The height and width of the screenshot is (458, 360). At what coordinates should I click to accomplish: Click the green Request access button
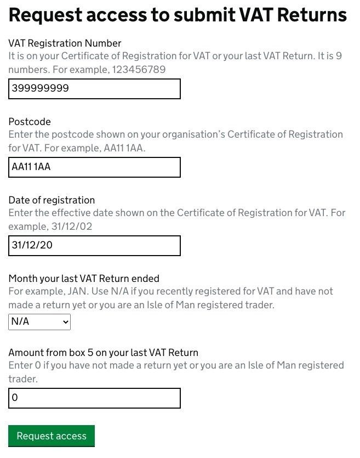[x=52, y=436]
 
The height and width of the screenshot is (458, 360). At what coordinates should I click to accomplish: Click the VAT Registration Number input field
[x=94, y=89]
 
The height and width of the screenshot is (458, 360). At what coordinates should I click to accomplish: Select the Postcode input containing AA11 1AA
[x=94, y=167]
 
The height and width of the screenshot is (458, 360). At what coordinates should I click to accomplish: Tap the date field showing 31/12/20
[x=94, y=246]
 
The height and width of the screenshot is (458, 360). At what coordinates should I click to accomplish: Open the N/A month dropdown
[x=39, y=322]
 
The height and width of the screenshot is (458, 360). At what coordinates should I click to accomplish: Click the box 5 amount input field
[x=94, y=398]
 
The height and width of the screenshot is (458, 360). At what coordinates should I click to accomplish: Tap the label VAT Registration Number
[x=65, y=43]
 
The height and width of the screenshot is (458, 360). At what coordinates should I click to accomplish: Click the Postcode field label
[x=30, y=121]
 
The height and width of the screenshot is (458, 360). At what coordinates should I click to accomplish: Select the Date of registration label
[x=52, y=200]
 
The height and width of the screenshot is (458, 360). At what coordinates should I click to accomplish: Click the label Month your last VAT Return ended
[x=84, y=278]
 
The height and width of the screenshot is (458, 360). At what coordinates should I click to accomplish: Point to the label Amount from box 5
[x=103, y=352]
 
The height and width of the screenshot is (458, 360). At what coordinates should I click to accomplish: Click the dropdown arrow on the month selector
[x=66, y=322]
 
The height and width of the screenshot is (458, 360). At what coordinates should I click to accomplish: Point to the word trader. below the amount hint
[x=24, y=378]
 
